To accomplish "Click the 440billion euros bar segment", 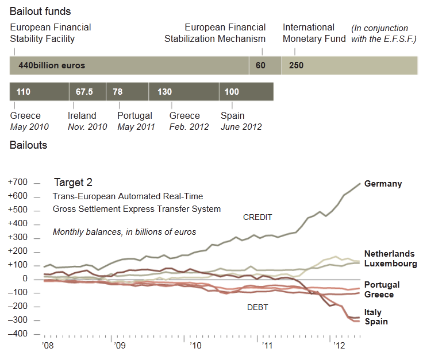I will pos(129,65).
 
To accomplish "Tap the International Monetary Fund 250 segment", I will pos(349,65).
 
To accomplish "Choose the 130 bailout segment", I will pos(183,92).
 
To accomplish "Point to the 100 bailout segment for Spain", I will pos(246,92).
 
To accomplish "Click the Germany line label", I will pos(383,184).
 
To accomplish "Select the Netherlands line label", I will pos(389,254).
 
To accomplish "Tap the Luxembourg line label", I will pos(390,264).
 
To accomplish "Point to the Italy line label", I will pos(372,312).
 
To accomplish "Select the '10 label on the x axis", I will pos(195,346).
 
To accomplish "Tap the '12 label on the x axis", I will pos(339,346).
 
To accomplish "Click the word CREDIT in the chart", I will pos(257,217).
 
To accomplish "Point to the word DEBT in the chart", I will pos(257,307).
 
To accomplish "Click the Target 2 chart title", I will pos(73,183).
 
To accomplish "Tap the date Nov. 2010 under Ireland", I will pos(87,127).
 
